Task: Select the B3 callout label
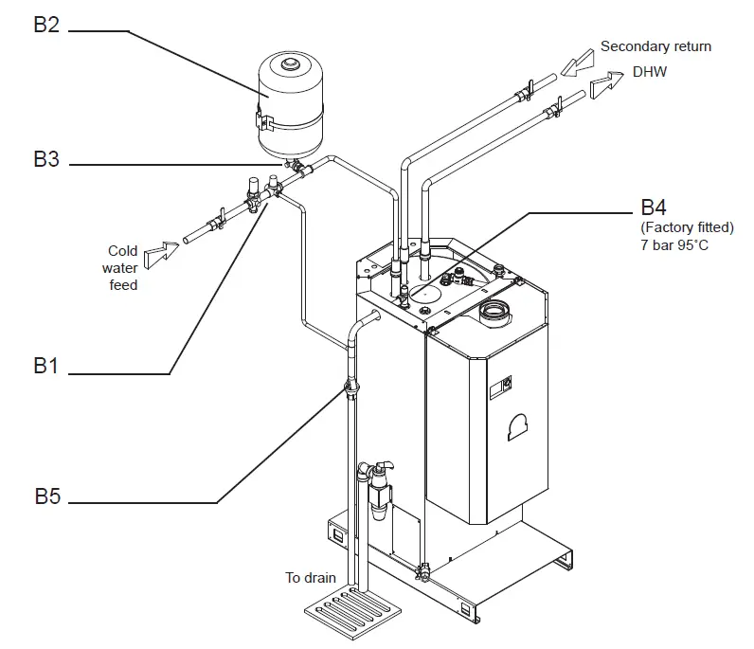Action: click(x=46, y=159)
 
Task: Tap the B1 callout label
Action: click(x=46, y=366)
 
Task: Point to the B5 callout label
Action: click(x=46, y=496)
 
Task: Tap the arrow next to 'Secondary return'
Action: click(x=575, y=65)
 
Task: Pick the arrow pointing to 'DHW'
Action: click(x=605, y=88)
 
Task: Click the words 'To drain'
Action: click(x=311, y=577)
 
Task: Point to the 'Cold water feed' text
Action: click(x=122, y=267)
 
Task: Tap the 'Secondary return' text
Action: click(x=655, y=45)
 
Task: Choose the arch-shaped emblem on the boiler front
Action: click(x=518, y=427)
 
